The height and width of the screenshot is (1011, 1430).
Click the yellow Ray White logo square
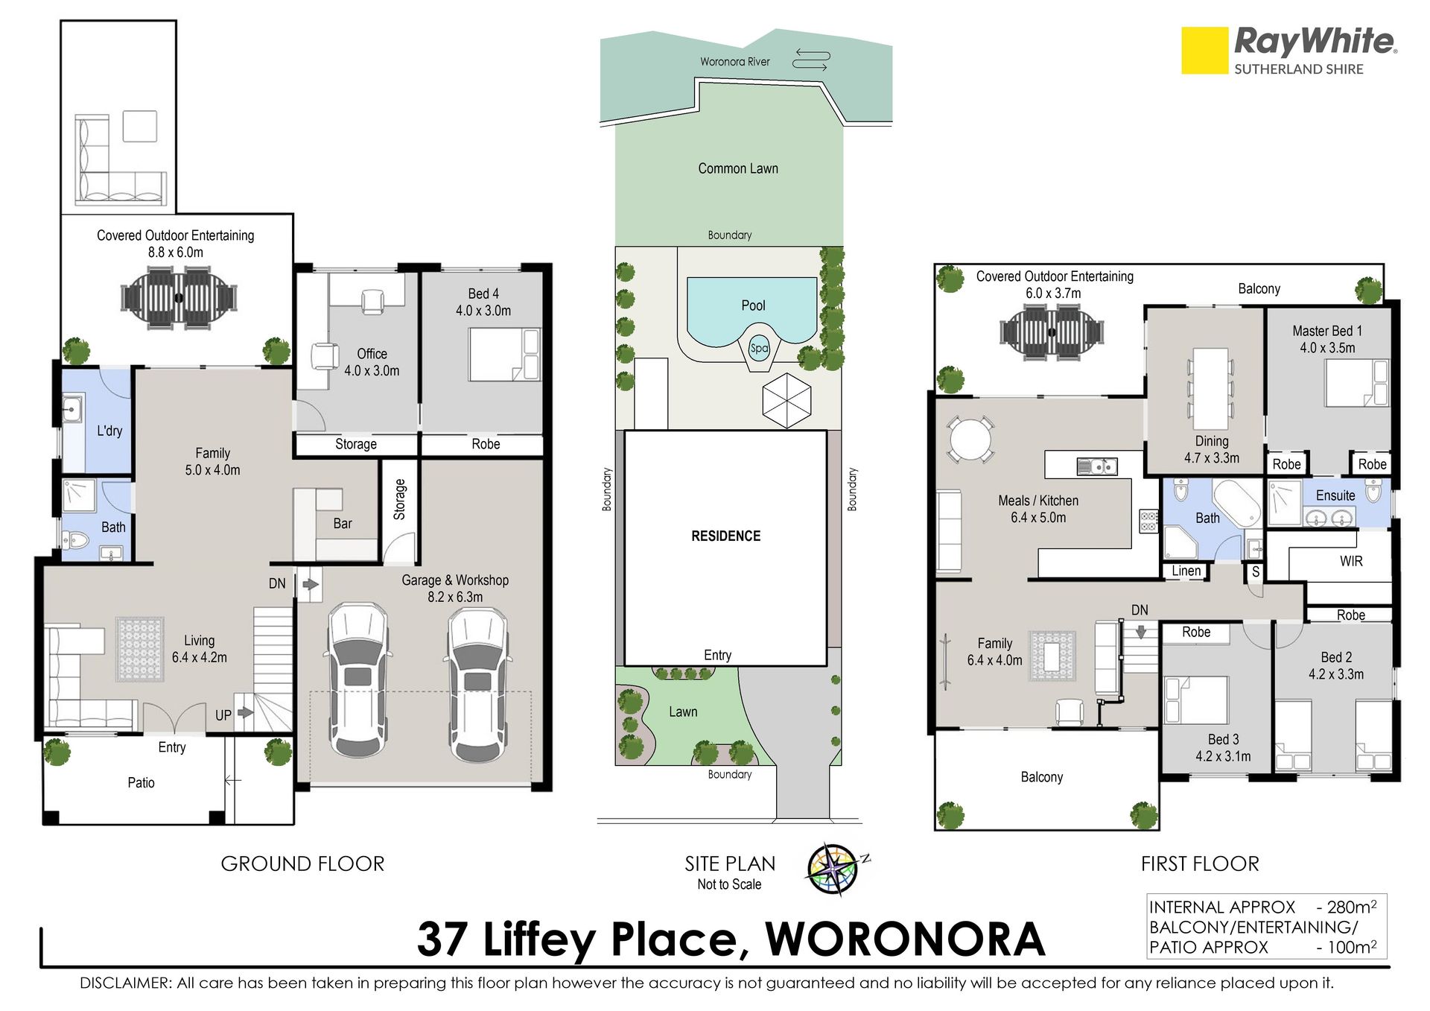(1204, 51)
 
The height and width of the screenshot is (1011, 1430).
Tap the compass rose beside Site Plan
(835, 869)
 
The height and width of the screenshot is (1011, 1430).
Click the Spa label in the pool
(758, 348)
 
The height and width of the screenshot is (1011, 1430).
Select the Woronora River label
(734, 62)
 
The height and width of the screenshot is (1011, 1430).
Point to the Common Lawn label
(738, 169)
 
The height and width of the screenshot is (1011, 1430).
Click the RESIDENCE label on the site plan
(726, 536)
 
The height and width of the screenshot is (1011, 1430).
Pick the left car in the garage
(358, 679)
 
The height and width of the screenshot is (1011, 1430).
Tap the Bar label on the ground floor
(343, 524)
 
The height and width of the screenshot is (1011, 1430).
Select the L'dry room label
(109, 431)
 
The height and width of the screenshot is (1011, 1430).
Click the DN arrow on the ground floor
(311, 585)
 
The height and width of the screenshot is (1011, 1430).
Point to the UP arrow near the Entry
(245, 713)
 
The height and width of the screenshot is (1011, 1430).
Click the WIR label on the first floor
(1351, 561)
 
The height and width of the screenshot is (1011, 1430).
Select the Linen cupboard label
(1186, 571)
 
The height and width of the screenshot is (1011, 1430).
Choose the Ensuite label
(1335, 495)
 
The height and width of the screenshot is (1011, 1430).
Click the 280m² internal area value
(1352, 907)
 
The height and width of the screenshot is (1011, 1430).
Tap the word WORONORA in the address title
(905, 939)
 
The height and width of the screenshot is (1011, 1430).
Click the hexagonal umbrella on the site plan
(786, 400)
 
